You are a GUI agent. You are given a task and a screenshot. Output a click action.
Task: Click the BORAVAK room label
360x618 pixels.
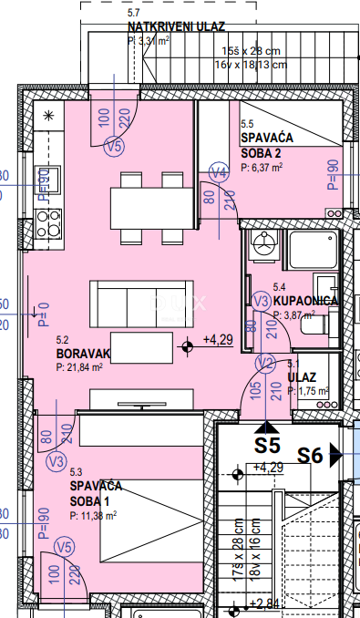tap(83, 353)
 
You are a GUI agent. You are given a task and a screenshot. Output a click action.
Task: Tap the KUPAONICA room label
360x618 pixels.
tap(307, 300)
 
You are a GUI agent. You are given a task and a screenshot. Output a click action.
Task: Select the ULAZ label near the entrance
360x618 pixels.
tap(302, 377)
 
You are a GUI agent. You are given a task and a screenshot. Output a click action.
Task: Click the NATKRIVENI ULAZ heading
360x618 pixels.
tap(176, 27)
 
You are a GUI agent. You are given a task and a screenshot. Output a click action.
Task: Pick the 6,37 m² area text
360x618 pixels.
tap(262, 168)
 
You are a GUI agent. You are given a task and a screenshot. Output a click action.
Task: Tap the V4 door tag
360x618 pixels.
tap(218, 173)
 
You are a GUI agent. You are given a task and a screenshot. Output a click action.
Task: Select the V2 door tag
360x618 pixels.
tap(265, 363)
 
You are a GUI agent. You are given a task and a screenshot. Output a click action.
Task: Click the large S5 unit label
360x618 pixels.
tap(266, 447)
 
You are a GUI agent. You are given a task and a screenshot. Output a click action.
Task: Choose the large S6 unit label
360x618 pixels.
tap(312, 455)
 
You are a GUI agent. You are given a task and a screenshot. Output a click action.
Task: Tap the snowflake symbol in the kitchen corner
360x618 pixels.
tap(48, 114)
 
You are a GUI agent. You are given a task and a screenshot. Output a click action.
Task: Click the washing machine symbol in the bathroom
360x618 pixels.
tap(265, 244)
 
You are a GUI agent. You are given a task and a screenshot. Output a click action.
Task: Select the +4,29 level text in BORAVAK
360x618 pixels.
tap(218, 340)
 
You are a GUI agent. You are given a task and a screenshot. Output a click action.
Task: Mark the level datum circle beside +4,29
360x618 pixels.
tap(188, 345)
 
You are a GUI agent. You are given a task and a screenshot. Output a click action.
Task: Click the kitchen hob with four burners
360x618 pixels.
tap(47, 221)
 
